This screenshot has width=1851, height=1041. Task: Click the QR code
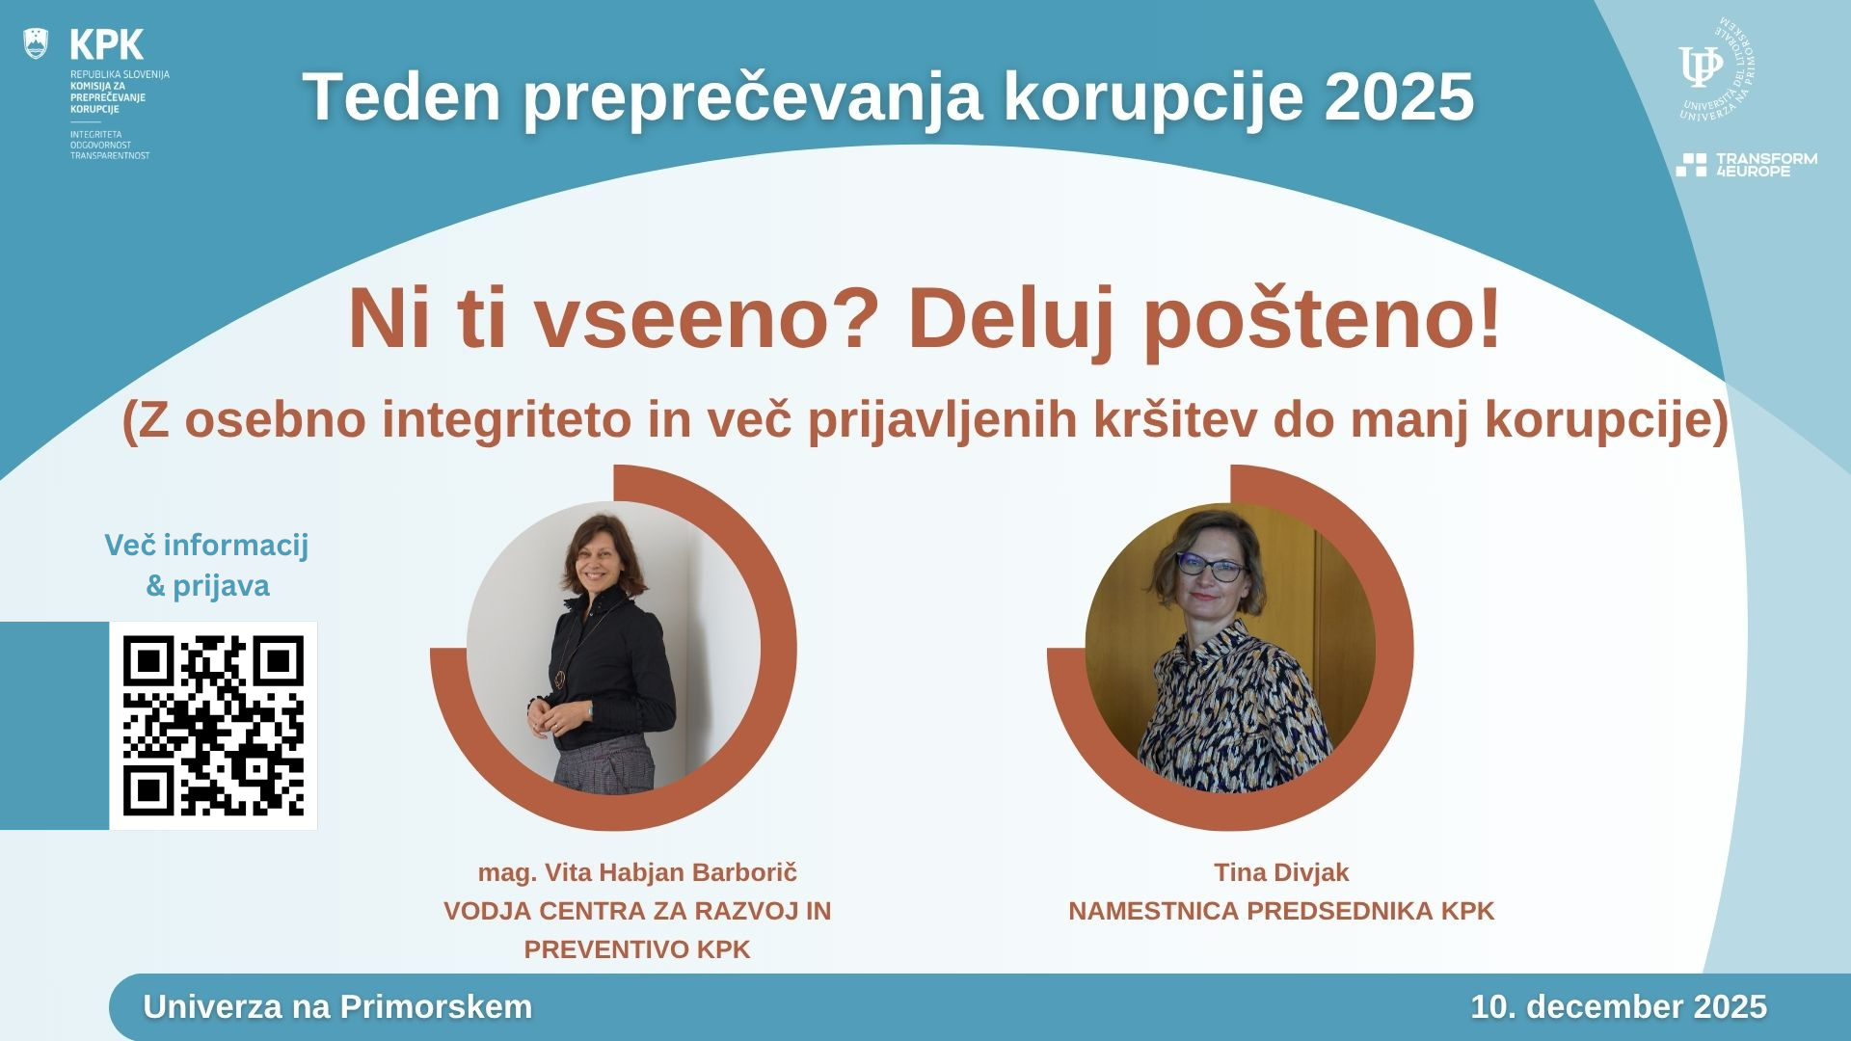(213, 726)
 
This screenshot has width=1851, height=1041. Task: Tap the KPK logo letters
(107, 44)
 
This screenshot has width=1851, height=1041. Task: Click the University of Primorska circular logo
(1715, 69)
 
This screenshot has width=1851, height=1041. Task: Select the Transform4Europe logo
(1746, 165)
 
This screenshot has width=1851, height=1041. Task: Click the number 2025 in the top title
(1399, 96)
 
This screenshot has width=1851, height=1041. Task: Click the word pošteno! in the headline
(1322, 320)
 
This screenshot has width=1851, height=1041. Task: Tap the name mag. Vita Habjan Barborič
(637, 872)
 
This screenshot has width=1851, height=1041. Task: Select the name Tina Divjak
(1281, 872)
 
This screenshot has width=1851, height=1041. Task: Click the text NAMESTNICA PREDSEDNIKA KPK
(1281, 911)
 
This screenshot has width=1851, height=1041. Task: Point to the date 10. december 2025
(1619, 1006)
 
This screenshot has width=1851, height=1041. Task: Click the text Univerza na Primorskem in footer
(337, 1006)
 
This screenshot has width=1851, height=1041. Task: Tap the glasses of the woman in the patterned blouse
(1211, 567)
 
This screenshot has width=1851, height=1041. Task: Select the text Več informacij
(206, 546)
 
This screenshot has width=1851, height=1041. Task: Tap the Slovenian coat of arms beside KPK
(36, 43)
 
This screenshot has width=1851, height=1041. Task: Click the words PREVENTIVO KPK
(637, 949)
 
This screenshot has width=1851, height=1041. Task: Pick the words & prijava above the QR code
(207, 586)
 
